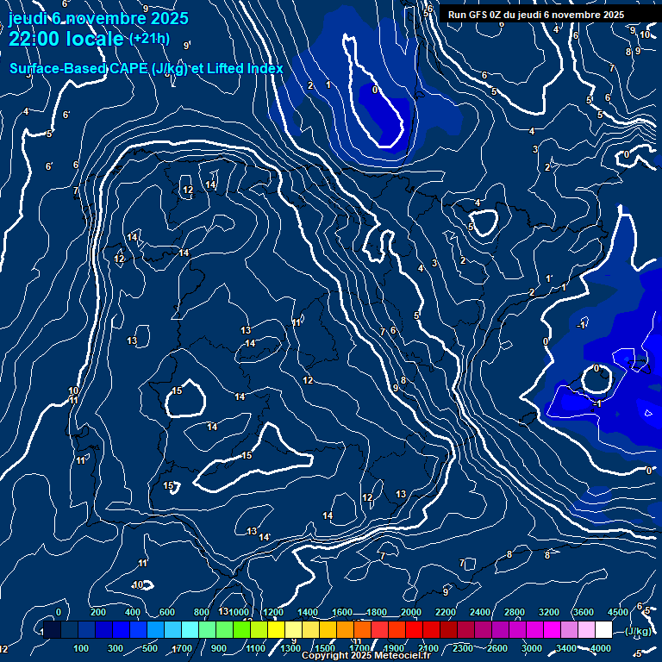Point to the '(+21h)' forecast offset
coord(149,39)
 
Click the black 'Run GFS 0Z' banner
coord(536,15)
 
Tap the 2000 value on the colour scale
coord(410,612)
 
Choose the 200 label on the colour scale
coord(98,612)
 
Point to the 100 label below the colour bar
coord(81,648)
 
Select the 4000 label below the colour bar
coord(601,648)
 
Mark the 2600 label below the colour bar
coord(496,648)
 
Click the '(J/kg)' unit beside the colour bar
coord(638,631)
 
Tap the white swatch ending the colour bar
coord(603,630)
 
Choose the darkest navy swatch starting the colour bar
coord(52,630)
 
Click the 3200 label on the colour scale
coord(548,612)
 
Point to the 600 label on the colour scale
coord(167,612)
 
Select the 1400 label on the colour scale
coord(307,612)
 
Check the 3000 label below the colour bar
coord(532,648)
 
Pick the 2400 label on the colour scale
coord(479,612)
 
